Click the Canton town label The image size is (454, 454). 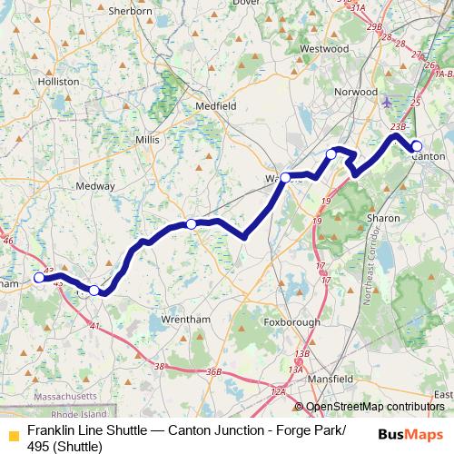[x=428, y=155]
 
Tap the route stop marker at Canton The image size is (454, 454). [x=417, y=146]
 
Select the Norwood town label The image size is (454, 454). [x=356, y=92]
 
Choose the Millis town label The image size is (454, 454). [x=146, y=140]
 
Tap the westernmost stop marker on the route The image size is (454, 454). [x=38, y=278]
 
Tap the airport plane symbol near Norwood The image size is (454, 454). [x=390, y=101]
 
